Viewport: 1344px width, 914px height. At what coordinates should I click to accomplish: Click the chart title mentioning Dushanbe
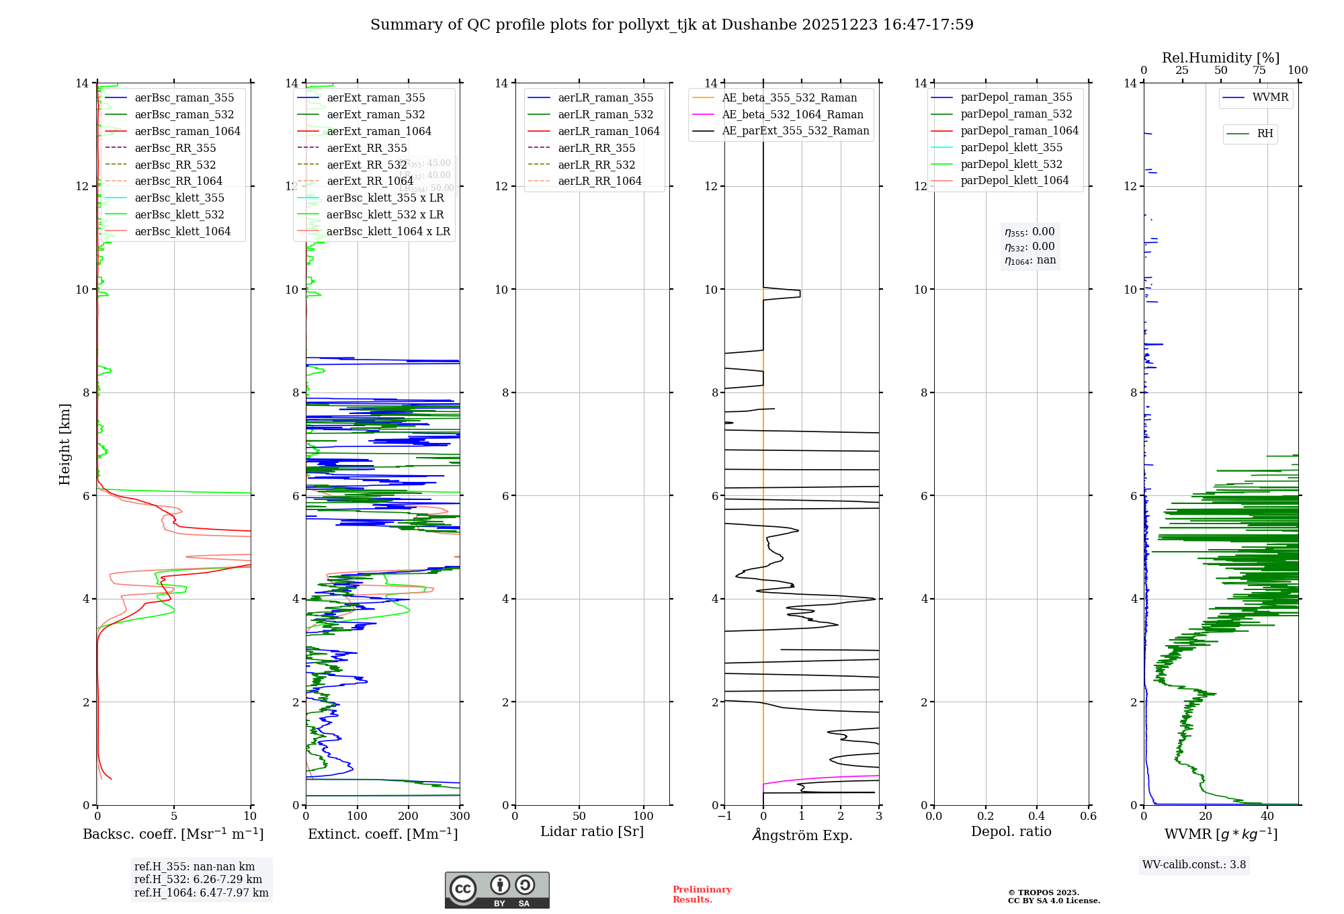[x=671, y=25]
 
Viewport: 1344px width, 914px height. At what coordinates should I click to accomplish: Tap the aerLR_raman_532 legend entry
[x=605, y=115]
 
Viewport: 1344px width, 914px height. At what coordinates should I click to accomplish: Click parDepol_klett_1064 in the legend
[x=1014, y=181]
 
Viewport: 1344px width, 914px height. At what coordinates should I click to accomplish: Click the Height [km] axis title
[x=65, y=444]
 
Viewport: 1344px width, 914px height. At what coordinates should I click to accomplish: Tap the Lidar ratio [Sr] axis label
[x=592, y=832]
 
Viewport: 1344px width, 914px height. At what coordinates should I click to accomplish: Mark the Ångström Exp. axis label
[x=802, y=835]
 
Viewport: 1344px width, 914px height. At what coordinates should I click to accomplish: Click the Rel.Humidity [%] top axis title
[x=1220, y=58]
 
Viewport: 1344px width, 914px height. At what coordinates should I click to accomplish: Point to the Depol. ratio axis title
[x=1011, y=832]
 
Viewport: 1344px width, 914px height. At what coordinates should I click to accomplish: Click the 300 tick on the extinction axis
[x=460, y=817]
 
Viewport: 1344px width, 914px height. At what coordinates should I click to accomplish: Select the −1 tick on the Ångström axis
[x=724, y=817]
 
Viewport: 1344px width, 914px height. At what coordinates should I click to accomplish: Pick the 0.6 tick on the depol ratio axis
[x=1088, y=817]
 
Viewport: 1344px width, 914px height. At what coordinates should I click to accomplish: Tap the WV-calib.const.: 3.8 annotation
[x=1194, y=865]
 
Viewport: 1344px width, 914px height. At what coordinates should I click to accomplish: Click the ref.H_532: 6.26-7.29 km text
[x=198, y=880]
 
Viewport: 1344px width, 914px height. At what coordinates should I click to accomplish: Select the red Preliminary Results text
[x=702, y=895]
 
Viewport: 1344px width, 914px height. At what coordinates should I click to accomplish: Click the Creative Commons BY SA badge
[x=497, y=890]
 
